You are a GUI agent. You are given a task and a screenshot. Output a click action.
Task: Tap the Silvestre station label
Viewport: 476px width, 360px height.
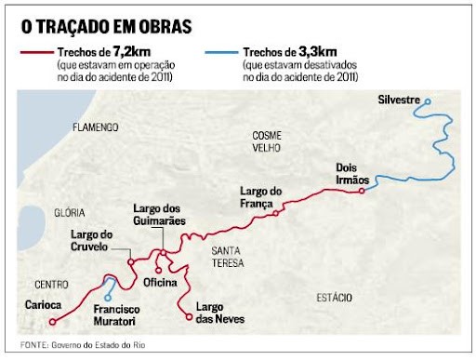pyautogui.click(x=401, y=99)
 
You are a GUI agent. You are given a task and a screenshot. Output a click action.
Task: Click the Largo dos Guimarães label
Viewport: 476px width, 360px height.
pyautogui.click(x=160, y=215)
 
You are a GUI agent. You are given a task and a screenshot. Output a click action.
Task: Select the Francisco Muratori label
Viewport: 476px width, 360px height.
pyautogui.click(x=115, y=314)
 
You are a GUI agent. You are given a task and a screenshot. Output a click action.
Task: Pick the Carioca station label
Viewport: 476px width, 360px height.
pyautogui.click(x=44, y=304)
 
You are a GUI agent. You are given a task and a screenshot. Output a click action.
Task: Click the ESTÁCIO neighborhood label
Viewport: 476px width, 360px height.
pyautogui.click(x=336, y=298)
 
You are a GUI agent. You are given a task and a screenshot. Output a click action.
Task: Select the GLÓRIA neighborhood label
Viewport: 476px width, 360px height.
pyautogui.click(x=70, y=213)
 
